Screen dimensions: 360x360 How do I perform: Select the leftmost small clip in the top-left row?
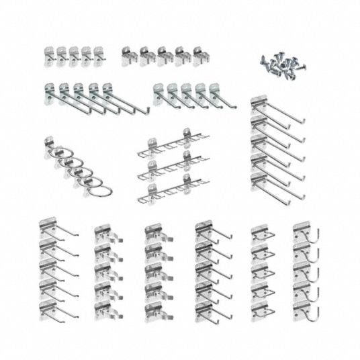[x=49, y=53]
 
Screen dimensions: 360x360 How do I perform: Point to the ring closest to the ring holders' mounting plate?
[x=57, y=154]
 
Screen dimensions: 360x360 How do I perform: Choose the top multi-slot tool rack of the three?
[x=168, y=143]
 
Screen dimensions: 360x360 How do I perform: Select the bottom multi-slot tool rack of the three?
[x=168, y=192]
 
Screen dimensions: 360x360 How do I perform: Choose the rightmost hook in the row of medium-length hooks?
[x=215, y=94]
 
